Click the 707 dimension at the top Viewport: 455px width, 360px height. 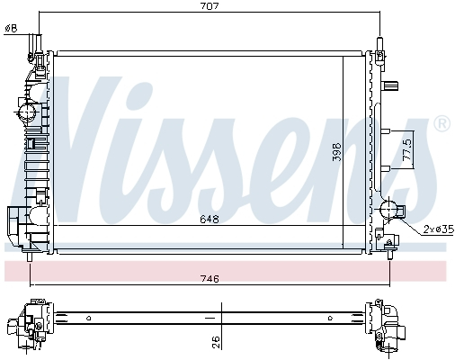pyautogui.click(x=210, y=6)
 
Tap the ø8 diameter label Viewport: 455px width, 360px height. pyautogui.click(x=11, y=28)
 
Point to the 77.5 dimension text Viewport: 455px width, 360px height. pyautogui.click(x=406, y=148)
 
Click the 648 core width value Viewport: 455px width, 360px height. pyautogui.click(x=210, y=219)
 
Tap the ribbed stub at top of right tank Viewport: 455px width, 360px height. pyautogui.click(x=392, y=86)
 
